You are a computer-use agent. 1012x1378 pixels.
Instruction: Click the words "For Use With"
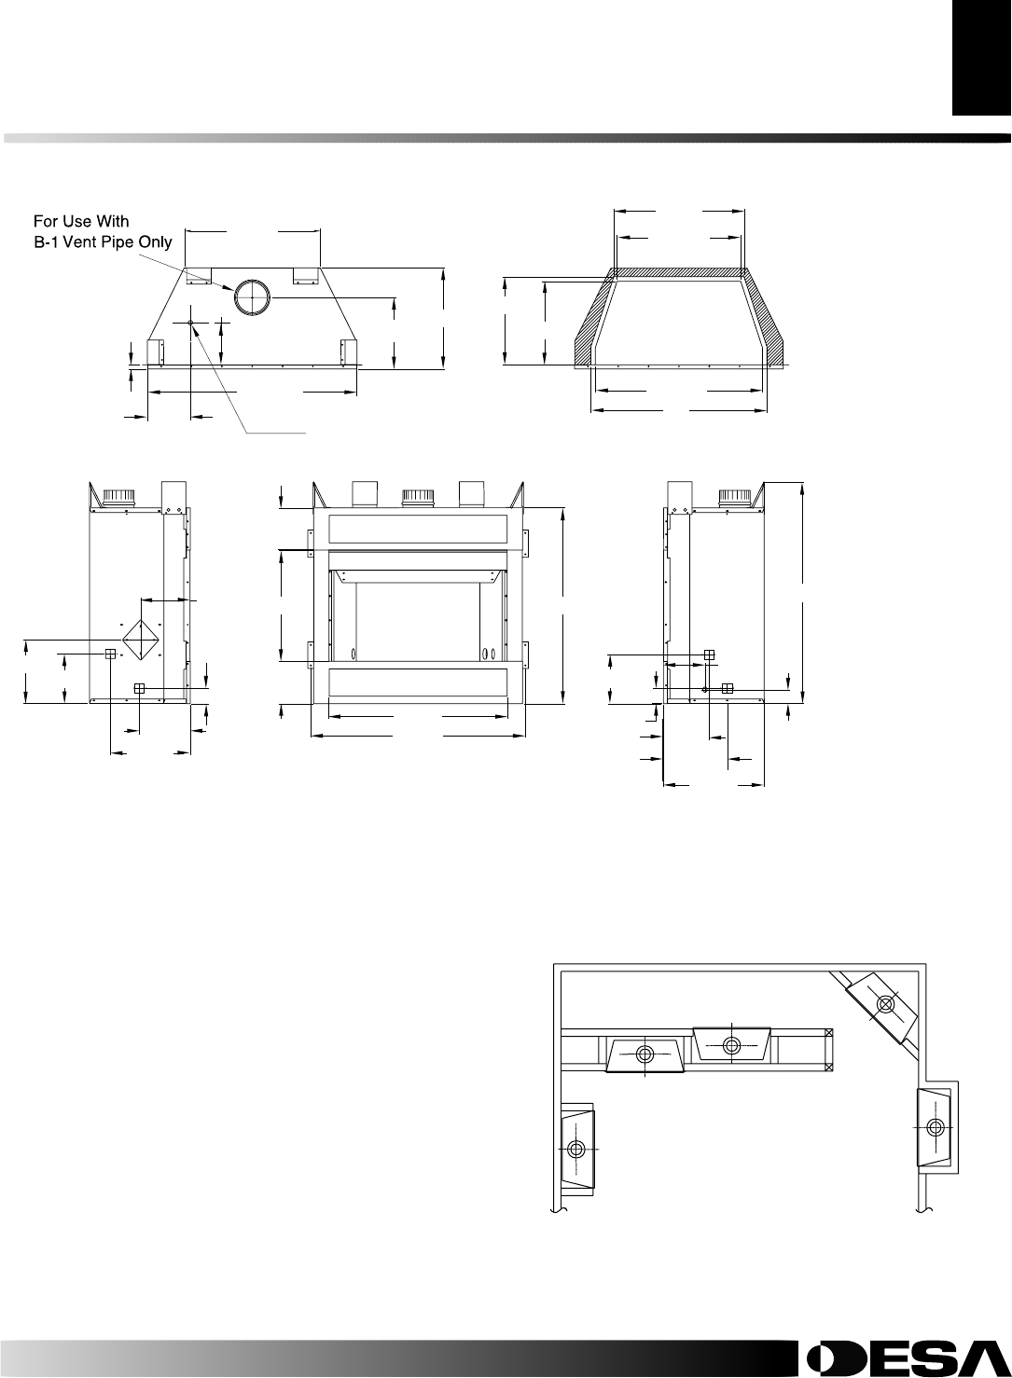pyautogui.click(x=81, y=221)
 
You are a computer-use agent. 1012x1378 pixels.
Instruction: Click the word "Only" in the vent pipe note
pyautogui.click(x=156, y=242)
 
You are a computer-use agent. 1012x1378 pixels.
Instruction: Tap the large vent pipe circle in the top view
pyautogui.click(x=252, y=296)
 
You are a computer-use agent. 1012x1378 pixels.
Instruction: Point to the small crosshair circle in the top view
pyautogui.click(x=191, y=323)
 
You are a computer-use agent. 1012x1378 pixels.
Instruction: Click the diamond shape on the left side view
pyautogui.click(x=141, y=640)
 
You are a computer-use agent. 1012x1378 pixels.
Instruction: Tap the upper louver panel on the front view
pyautogui.click(x=418, y=530)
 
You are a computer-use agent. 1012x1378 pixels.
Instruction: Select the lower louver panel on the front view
pyautogui.click(x=418, y=682)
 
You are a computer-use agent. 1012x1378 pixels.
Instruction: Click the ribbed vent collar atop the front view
pyautogui.click(x=418, y=498)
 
